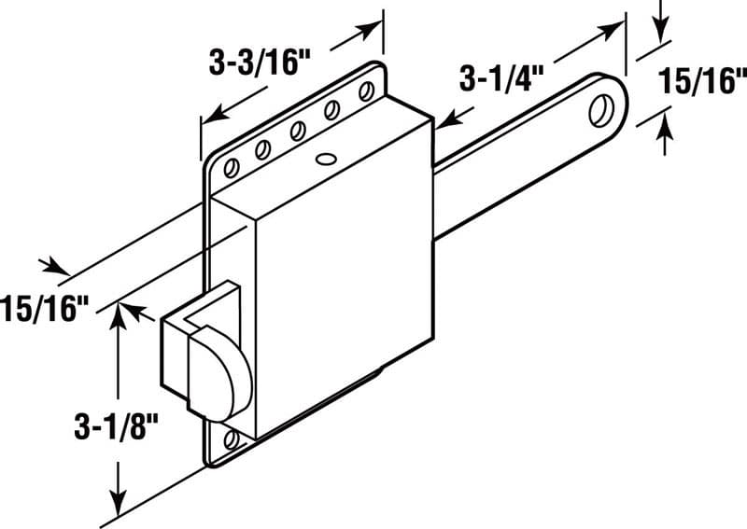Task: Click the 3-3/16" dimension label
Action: point(258,63)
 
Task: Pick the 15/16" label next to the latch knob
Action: point(45,306)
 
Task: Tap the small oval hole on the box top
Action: point(325,159)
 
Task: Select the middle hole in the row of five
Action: point(296,131)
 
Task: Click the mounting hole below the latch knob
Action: point(232,439)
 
